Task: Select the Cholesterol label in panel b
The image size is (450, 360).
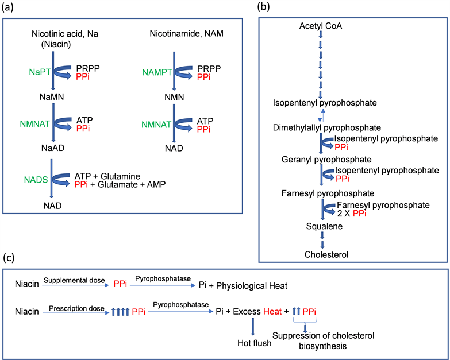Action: (x=325, y=254)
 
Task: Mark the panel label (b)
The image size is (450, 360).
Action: (x=263, y=7)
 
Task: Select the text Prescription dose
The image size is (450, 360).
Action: (x=73, y=308)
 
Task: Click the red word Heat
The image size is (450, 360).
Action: (x=273, y=312)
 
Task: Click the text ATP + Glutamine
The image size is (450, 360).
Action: (x=107, y=175)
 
